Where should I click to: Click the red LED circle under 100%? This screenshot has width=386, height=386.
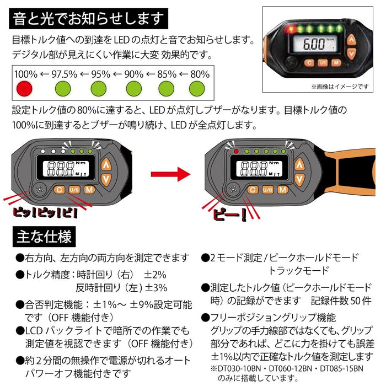[25, 88]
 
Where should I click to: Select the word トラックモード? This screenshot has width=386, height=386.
[298, 271]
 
